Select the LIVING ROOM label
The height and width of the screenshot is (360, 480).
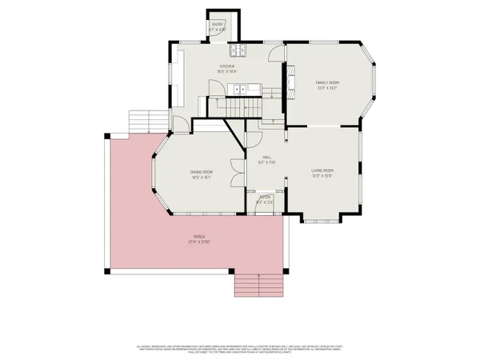[322, 170]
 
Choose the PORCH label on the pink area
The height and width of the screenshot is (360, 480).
[198, 238]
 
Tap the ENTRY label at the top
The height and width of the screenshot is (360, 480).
[218, 25]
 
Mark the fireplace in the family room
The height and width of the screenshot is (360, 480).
[291, 82]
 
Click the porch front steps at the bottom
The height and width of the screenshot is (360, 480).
[258, 283]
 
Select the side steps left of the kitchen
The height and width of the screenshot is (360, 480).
[146, 121]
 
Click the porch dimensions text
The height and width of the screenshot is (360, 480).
[198, 242]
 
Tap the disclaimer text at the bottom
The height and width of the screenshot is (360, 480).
[239, 350]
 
